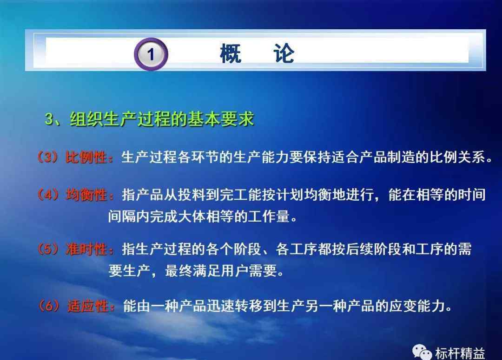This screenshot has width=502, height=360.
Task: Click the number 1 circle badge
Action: pyautogui.click(x=151, y=54)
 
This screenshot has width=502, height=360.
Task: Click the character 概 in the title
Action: pyautogui.click(x=231, y=53)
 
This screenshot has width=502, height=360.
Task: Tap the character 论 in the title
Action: pyautogui.click(x=284, y=53)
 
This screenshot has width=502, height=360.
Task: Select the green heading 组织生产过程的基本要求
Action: pyautogui.click(x=162, y=119)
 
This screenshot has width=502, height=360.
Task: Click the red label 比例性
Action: pyautogui.click(x=86, y=157)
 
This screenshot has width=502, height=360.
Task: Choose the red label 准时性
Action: pyautogui.click(x=86, y=249)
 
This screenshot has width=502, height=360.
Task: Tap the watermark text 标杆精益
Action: pyautogui.click(x=460, y=353)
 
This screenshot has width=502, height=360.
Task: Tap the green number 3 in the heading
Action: pyautogui.click(x=50, y=119)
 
